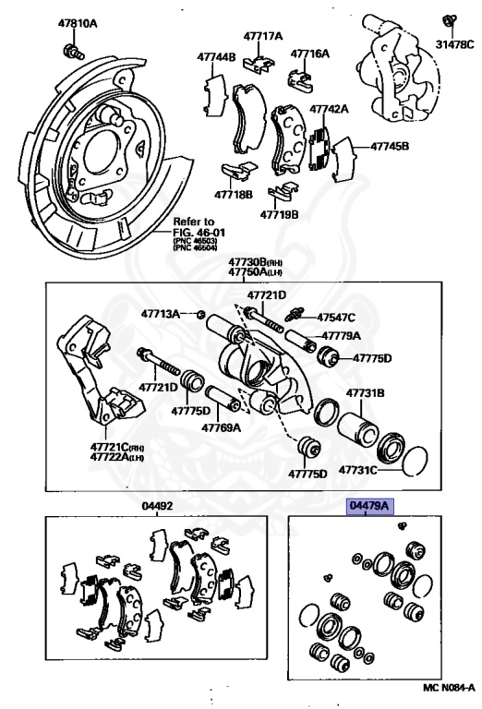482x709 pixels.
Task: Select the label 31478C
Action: coord(455,42)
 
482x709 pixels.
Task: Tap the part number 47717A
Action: coord(263,37)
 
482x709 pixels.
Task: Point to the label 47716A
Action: coord(309,54)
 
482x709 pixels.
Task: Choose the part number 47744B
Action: coord(216,56)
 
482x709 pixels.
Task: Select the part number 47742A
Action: coord(329,109)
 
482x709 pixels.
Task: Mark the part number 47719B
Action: coord(279,213)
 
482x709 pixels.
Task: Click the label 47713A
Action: coord(161,314)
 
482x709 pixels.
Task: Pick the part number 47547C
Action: coord(336,317)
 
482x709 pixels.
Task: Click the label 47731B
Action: coord(365,393)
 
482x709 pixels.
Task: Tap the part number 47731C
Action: coord(357,470)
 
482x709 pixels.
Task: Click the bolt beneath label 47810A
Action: coord(70,46)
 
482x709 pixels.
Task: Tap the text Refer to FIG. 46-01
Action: coord(195,228)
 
